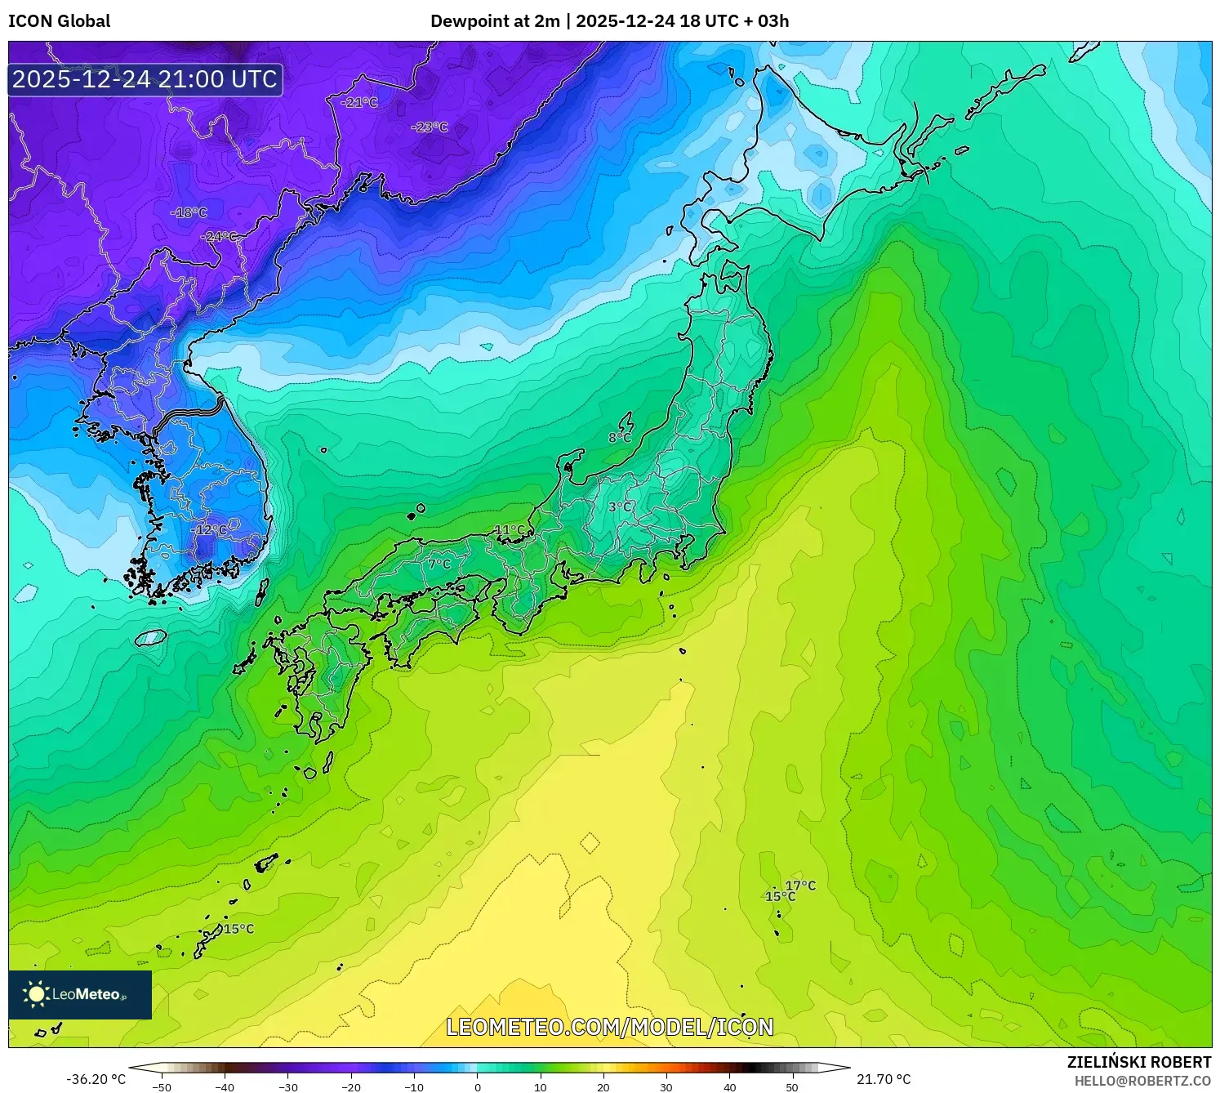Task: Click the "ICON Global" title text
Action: [59, 21]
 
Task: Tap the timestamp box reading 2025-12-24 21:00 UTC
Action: [145, 79]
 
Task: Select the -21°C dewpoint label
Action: [359, 103]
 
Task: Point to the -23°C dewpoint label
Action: [430, 127]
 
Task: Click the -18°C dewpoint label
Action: [189, 213]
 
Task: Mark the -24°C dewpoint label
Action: [219, 237]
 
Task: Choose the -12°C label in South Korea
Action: [209, 530]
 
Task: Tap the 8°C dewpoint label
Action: [620, 438]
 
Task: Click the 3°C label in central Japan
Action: [620, 507]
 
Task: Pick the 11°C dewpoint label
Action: [510, 530]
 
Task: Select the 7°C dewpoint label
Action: [439, 564]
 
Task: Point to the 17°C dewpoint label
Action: [800, 886]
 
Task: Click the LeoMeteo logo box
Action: [80, 994]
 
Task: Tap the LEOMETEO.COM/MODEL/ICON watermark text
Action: [610, 1027]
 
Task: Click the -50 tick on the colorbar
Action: [162, 1087]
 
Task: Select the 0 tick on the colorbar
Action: [478, 1087]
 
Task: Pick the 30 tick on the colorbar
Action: [666, 1087]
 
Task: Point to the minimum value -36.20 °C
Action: [96, 1079]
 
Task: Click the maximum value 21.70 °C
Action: [884, 1079]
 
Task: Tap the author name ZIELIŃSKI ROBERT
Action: [1139, 1062]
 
